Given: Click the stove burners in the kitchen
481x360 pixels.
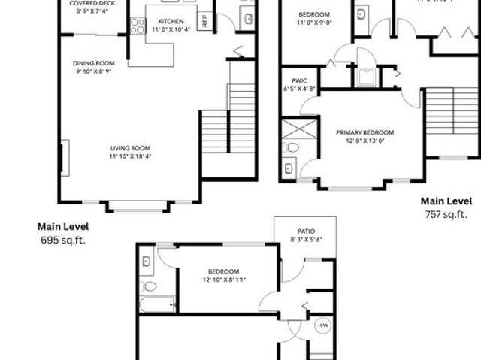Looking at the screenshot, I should [x=138, y=26].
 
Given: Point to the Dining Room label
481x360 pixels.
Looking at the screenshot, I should [x=93, y=63].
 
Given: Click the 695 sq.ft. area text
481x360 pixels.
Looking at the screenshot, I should [x=63, y=241].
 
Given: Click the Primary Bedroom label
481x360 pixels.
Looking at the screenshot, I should [x=365, y=132].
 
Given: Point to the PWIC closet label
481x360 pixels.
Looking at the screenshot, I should [x=290, y=80].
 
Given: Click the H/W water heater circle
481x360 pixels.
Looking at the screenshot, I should [x=323, y=325].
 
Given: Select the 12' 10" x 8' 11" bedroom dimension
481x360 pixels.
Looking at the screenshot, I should [x=224, y=280].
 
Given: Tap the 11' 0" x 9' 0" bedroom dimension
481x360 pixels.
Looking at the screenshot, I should [x=313, y=23].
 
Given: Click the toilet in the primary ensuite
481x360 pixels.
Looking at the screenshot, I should [x=292, y=147].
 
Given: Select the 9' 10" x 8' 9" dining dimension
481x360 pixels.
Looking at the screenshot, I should [x=93, y=71].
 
